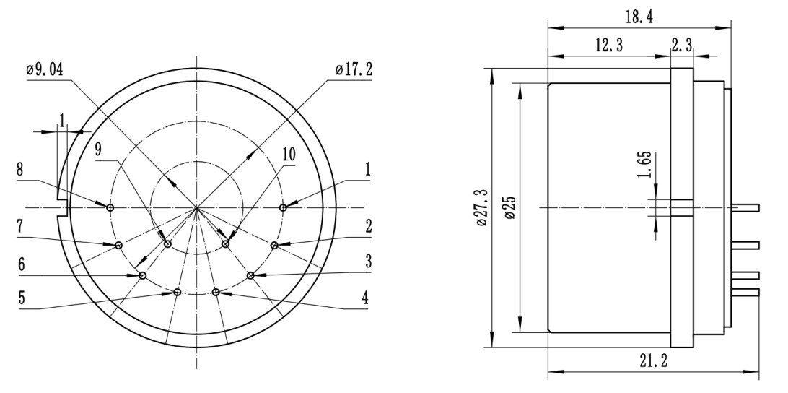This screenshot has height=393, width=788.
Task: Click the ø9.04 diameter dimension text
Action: [45, 70]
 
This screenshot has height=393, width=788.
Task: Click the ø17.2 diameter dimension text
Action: [354, 70]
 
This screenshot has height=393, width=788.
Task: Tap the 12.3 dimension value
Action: [609, 45]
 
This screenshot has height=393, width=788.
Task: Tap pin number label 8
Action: [21, 170]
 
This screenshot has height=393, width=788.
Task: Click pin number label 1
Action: [368, 170]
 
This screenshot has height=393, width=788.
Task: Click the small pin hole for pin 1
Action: [283, 208]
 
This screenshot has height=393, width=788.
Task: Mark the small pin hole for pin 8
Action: [110, 208]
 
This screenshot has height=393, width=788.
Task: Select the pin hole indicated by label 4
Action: [216, 291]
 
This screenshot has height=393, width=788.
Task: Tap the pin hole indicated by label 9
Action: [167, 244]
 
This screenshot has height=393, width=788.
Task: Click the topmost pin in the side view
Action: [745, 208]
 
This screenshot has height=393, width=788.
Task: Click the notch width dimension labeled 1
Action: [63, 119]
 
